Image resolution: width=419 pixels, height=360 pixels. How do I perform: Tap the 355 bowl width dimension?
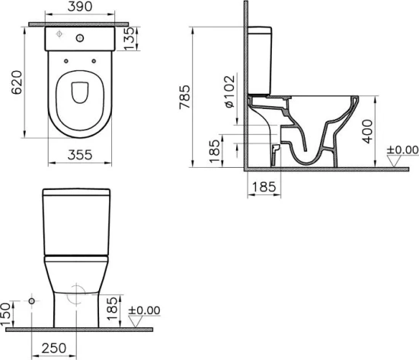(x=82, y=155)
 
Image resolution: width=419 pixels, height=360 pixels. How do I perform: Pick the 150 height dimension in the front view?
(x=8, y=311)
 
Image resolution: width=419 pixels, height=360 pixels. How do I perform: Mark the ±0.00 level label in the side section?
(x=402, y=149)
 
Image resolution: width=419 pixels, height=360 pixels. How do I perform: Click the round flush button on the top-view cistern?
(x=82, y=37)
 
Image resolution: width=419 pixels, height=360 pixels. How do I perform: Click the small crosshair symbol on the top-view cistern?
(x=60, y=35)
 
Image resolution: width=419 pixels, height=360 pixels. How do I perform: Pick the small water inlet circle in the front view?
(x=32, y=302)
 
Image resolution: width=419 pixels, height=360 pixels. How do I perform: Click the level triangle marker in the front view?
(x=136, y=322)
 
